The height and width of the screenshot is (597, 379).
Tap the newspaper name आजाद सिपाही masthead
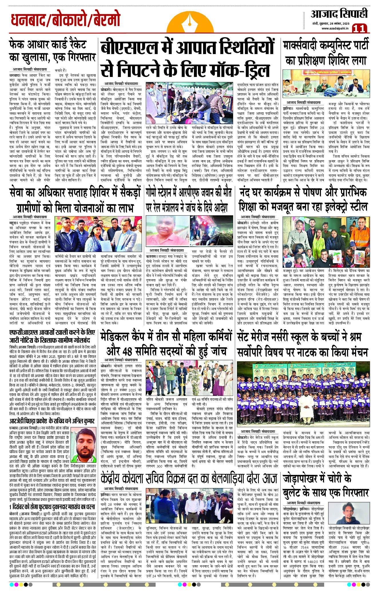pyautogui.click(x=339, y=14)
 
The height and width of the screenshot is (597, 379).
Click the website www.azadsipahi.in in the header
pyautogui.click(x=335, y=28)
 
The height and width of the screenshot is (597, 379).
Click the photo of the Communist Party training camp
pyautogui.click(x=326, y=85)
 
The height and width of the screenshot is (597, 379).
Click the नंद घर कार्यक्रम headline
pyautogui.click(x=303, y=200)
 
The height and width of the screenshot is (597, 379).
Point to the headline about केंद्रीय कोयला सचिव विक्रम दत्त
pyautogui.click(x=189, y=478)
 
